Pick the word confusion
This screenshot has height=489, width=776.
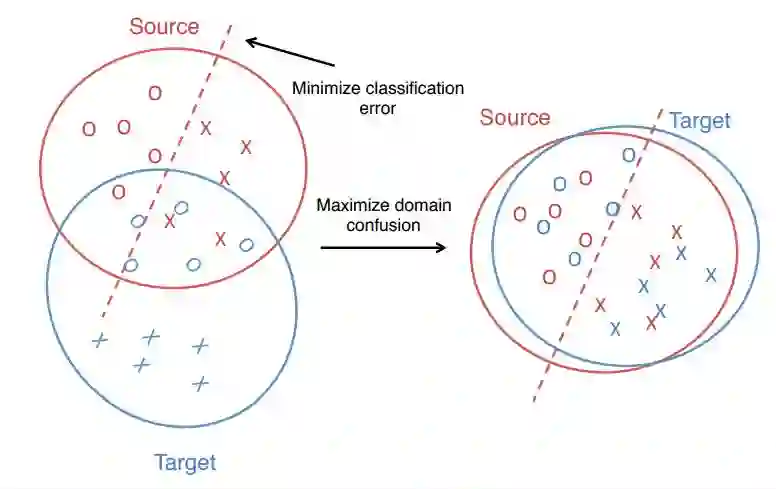tap(382, 225)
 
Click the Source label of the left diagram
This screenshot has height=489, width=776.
tap(164, 27)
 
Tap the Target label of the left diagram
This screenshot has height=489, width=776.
tap(185, 462)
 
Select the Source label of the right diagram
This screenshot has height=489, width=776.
tap(515, 118)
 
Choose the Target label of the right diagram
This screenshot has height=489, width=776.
tap(700, 121)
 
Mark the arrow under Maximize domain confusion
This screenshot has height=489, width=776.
tap(383, 244)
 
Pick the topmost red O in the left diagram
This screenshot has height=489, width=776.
tap(155, 93)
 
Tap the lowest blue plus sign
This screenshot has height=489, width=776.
tap(200, 383)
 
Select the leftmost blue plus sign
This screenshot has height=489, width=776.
tap(98, 341)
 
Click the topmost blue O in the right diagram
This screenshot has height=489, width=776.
tap(628, 155)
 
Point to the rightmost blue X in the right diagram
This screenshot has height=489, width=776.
tap(711, 274)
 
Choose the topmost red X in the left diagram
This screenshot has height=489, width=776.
tap(206, 128)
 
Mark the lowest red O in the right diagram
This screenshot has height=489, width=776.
tap(549, 277)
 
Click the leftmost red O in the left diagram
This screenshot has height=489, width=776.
tap(89, 129)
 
